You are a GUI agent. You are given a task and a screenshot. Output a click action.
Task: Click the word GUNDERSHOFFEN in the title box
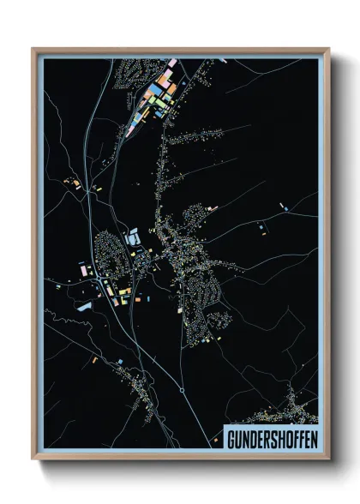pyautogui.click(x=271, y=438)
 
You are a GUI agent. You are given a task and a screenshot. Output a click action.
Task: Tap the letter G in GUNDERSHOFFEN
pyautogui.click(x=231, y=438)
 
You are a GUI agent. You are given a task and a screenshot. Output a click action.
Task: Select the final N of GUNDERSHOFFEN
pyautogui.click(x=312, y=438)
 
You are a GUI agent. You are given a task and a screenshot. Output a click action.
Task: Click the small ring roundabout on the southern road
pyautogui.click(x=183, y=390)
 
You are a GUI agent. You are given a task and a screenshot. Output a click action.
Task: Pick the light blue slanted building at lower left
pyautogui.click(x=84, y=304)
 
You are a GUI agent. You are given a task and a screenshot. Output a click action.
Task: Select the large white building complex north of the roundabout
pyautogui.click(x=133, y=242)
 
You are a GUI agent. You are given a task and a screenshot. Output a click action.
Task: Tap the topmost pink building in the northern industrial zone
pyautogui.click(x=171, y=63)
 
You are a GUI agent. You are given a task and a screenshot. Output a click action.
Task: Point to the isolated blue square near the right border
pyautogui.click(x=283, y=206)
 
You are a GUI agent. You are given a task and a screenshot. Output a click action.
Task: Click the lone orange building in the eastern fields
pyautogui.click(x=262, y=227)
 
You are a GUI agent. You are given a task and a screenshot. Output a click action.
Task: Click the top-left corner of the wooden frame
pyautogui.click(x=33, y=48)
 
